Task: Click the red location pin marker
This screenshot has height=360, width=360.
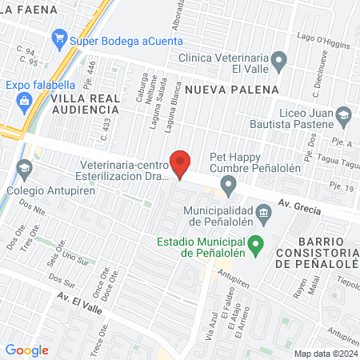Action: (181, 164)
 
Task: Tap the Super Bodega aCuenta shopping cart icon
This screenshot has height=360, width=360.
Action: (58, 38)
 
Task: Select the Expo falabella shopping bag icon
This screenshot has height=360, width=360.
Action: (23, 101)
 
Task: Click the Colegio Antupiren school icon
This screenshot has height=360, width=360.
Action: (24, 170)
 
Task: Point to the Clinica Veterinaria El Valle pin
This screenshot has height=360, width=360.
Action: (278, 58)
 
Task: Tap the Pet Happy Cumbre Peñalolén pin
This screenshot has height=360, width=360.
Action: (229, 187)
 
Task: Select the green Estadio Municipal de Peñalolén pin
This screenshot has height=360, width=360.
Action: (256, 244)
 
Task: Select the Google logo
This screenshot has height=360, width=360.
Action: (26, 350)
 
